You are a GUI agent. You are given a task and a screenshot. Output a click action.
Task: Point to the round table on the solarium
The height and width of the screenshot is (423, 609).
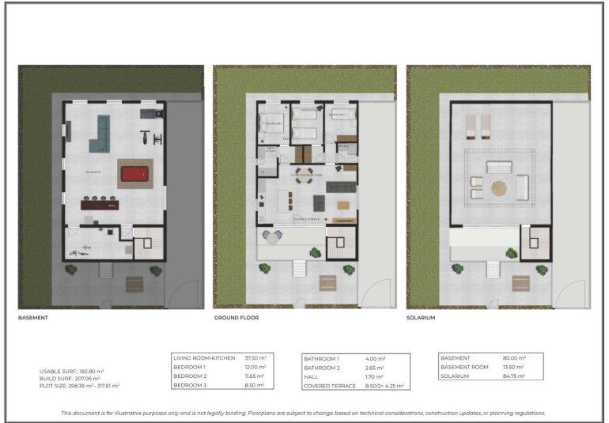click(x=499, y=187)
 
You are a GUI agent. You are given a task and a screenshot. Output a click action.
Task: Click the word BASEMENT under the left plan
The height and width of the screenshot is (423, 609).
click(x=33, y=318)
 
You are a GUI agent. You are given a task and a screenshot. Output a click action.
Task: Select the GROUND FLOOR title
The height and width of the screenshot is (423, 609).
click(x=236, y=318)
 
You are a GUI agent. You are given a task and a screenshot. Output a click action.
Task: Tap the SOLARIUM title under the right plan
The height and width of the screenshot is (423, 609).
click(x=421, y=318)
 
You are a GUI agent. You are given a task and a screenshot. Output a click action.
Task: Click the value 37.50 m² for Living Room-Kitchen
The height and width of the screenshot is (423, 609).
click(x=255, y=358)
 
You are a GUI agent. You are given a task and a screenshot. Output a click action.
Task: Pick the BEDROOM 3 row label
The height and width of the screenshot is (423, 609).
click(x=191, y=387)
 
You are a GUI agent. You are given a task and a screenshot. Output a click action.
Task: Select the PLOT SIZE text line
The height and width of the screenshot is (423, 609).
click(x=79, y=386)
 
